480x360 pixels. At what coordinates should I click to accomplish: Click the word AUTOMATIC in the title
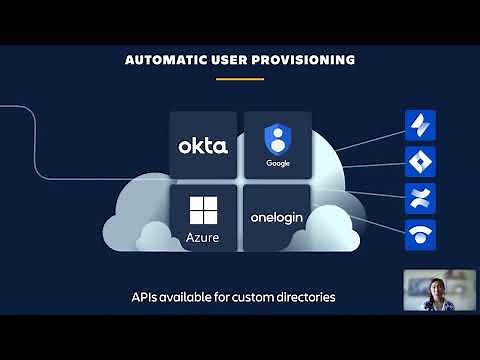pos(161,60)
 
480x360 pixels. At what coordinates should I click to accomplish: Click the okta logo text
pos(203,146)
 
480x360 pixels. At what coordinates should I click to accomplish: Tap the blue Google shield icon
pos(276,137)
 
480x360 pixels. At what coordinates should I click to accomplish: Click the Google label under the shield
pos(276,163)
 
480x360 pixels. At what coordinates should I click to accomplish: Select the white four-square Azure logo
pos(203,210)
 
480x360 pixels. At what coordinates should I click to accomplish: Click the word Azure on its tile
pos(203,238)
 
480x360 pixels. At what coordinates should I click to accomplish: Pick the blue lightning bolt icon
pos(418,124)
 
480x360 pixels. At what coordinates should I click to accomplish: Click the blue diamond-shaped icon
pos(418,160)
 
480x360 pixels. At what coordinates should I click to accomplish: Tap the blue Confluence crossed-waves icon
pos(418,197)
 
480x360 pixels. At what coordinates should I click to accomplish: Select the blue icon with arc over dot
pos(418,234)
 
